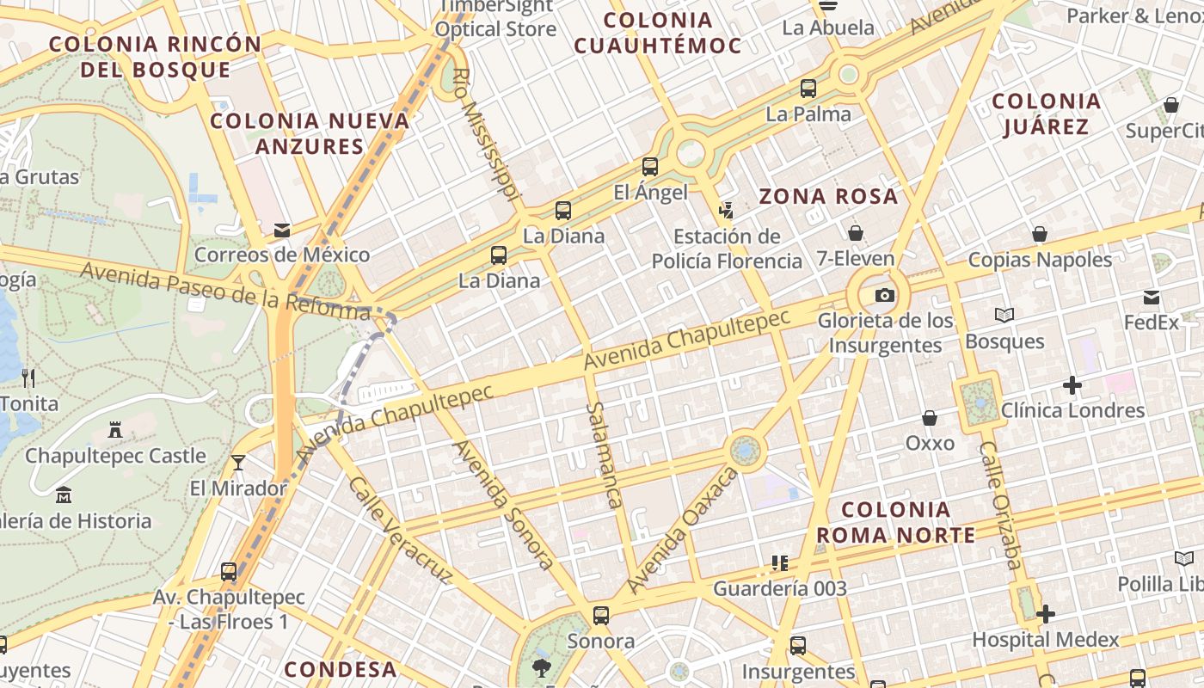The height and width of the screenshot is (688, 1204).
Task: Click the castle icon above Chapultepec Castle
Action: point(114,430)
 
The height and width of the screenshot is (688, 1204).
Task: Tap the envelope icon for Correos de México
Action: point(281,230)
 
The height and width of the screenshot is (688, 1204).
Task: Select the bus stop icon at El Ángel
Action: point(650,167)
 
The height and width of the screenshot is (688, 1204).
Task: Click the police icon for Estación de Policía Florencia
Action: point(726,210)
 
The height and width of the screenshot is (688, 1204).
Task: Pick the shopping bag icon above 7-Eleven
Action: point(856,233)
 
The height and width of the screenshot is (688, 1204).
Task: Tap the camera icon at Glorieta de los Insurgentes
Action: point(884,296)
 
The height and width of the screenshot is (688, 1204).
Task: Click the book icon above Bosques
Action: point(1004,316)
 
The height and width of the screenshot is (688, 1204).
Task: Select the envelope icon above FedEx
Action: point(1152,298)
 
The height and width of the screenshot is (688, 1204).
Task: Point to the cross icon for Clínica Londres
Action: point(1072,385)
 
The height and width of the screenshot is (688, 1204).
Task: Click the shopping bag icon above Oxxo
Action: point(930,418)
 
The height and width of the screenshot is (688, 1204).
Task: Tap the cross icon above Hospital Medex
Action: point(1046,614)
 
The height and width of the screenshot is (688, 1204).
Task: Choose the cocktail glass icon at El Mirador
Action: point(238,463)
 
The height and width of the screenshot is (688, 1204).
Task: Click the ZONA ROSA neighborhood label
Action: point(828,196)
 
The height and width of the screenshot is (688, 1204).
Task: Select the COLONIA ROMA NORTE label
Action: point(895,522)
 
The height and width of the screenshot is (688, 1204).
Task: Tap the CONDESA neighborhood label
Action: point(341,669)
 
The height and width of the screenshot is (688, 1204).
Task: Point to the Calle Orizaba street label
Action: point(1001,506)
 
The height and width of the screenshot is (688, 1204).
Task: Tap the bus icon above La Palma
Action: point(808,88)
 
